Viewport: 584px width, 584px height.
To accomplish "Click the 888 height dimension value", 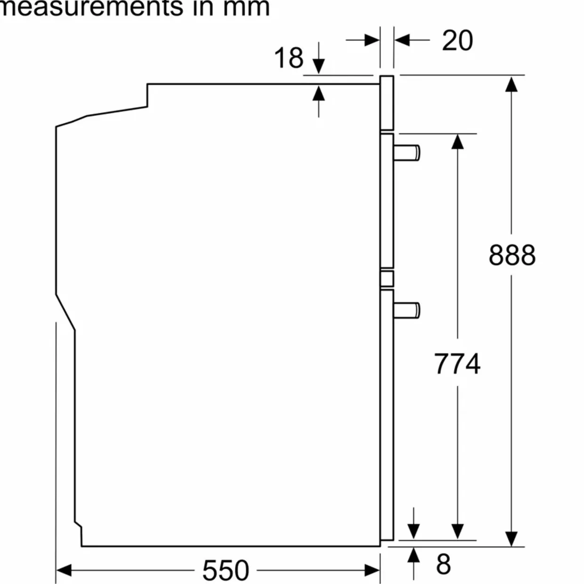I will coord(512,255).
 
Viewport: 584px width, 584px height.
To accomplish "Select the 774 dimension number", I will coord(457,364).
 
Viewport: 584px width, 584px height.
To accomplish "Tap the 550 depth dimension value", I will coord(226,570).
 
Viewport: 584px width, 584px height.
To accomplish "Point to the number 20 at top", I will coord(457,40).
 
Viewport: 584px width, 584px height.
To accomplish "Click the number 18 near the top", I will coord(288,58).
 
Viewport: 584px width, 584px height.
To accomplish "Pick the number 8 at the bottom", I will coord(443,564).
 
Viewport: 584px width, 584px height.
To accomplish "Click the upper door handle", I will coord(408,153).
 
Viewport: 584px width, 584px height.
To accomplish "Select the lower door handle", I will coord(408,310).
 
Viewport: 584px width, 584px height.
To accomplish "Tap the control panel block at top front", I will coord(387,103).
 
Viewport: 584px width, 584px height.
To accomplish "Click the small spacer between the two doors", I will coord(387,278).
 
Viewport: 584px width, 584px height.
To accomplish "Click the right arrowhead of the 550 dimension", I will coord(372,570).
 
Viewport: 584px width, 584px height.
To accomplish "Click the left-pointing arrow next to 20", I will coord(403,40).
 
